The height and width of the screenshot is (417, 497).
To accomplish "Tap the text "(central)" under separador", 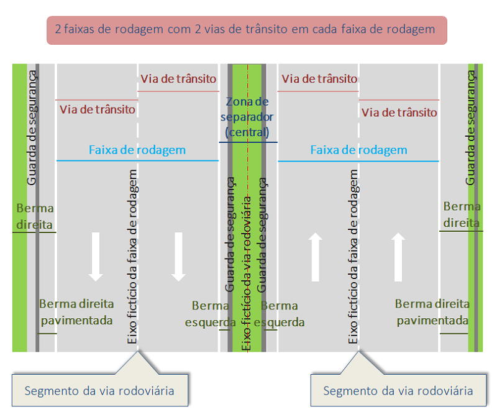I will point(248,132).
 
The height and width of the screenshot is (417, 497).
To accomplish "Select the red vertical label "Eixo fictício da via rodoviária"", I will point(247,273).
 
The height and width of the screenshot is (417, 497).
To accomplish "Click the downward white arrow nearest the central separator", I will point(179,256).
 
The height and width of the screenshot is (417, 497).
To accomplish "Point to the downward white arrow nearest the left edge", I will point(96,256).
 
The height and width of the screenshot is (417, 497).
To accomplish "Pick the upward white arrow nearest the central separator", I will point(316,256).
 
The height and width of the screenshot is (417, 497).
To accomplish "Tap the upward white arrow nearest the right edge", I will point(399,256).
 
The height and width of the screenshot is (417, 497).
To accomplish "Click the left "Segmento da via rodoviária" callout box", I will point(99,391).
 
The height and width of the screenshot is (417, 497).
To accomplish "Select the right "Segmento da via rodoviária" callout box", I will point(398,391).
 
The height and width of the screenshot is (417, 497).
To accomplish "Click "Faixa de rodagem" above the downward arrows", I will point(137,150).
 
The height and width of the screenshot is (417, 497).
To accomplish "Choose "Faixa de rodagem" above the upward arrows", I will point(358,150).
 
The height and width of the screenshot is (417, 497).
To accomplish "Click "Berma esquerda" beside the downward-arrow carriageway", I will point(211,314).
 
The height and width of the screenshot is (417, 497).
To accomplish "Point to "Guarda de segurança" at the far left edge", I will point(32,127).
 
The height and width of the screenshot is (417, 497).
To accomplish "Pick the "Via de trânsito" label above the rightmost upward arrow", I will point(399,112).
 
